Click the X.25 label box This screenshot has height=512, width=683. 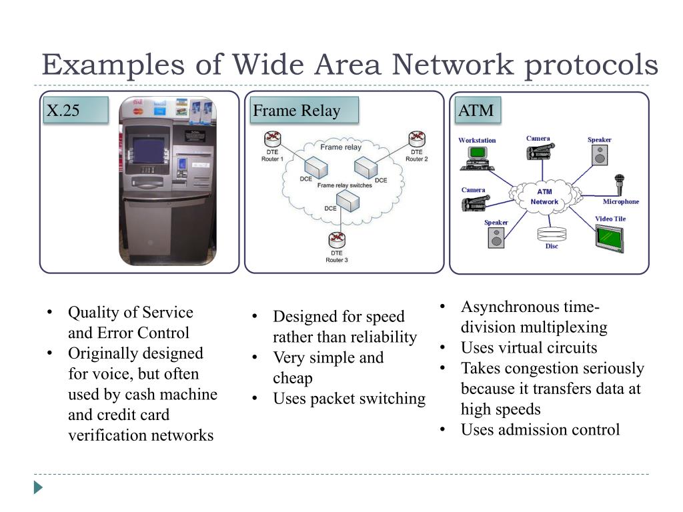[75, 111]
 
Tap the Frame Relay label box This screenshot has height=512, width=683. [304, 111]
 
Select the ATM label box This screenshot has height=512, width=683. [477, 111]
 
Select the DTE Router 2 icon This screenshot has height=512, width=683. [417, 139]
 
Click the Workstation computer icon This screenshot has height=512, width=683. [477, 157]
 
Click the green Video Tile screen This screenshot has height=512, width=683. [609, 237]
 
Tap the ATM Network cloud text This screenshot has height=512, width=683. [545, 197]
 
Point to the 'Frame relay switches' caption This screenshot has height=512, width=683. [344, 185]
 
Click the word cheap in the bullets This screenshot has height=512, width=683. [292, 378]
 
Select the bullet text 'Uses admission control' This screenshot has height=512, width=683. [540, 429]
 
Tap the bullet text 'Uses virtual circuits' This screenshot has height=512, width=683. [528, 347]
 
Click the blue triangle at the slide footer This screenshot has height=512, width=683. [38, 487]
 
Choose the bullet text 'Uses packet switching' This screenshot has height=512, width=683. [349, 399]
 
